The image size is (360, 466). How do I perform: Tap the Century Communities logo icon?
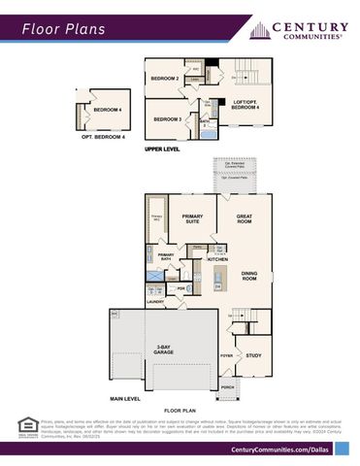click(260, 30)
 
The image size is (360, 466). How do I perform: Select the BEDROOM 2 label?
click(164, 79)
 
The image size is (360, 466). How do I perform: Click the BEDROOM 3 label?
click(167, 118)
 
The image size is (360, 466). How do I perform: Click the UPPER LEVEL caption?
click(163, 150)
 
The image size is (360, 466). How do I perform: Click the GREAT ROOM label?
click(245, 218)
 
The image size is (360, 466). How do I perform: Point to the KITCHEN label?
click(217, 259)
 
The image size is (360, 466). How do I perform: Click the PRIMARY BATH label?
click(166, 257)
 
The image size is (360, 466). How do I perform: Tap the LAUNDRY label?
click(155, 303)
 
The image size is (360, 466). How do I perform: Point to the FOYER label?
click(226, 356)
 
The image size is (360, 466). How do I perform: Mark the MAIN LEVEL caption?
click(125, 398)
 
